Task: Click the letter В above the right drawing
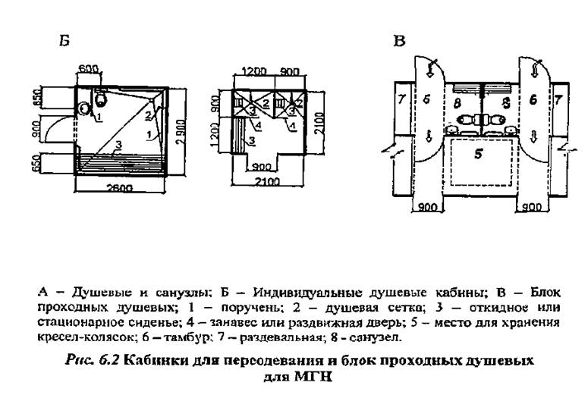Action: click(x=398, y=39)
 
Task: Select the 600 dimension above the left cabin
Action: click(x=88, y=69)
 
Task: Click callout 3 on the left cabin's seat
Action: click(x=119, y=144)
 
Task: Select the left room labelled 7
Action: click(x=401, y=99)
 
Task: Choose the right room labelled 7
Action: click(x=558, y=99)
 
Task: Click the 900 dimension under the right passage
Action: click(x=532, y=207)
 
